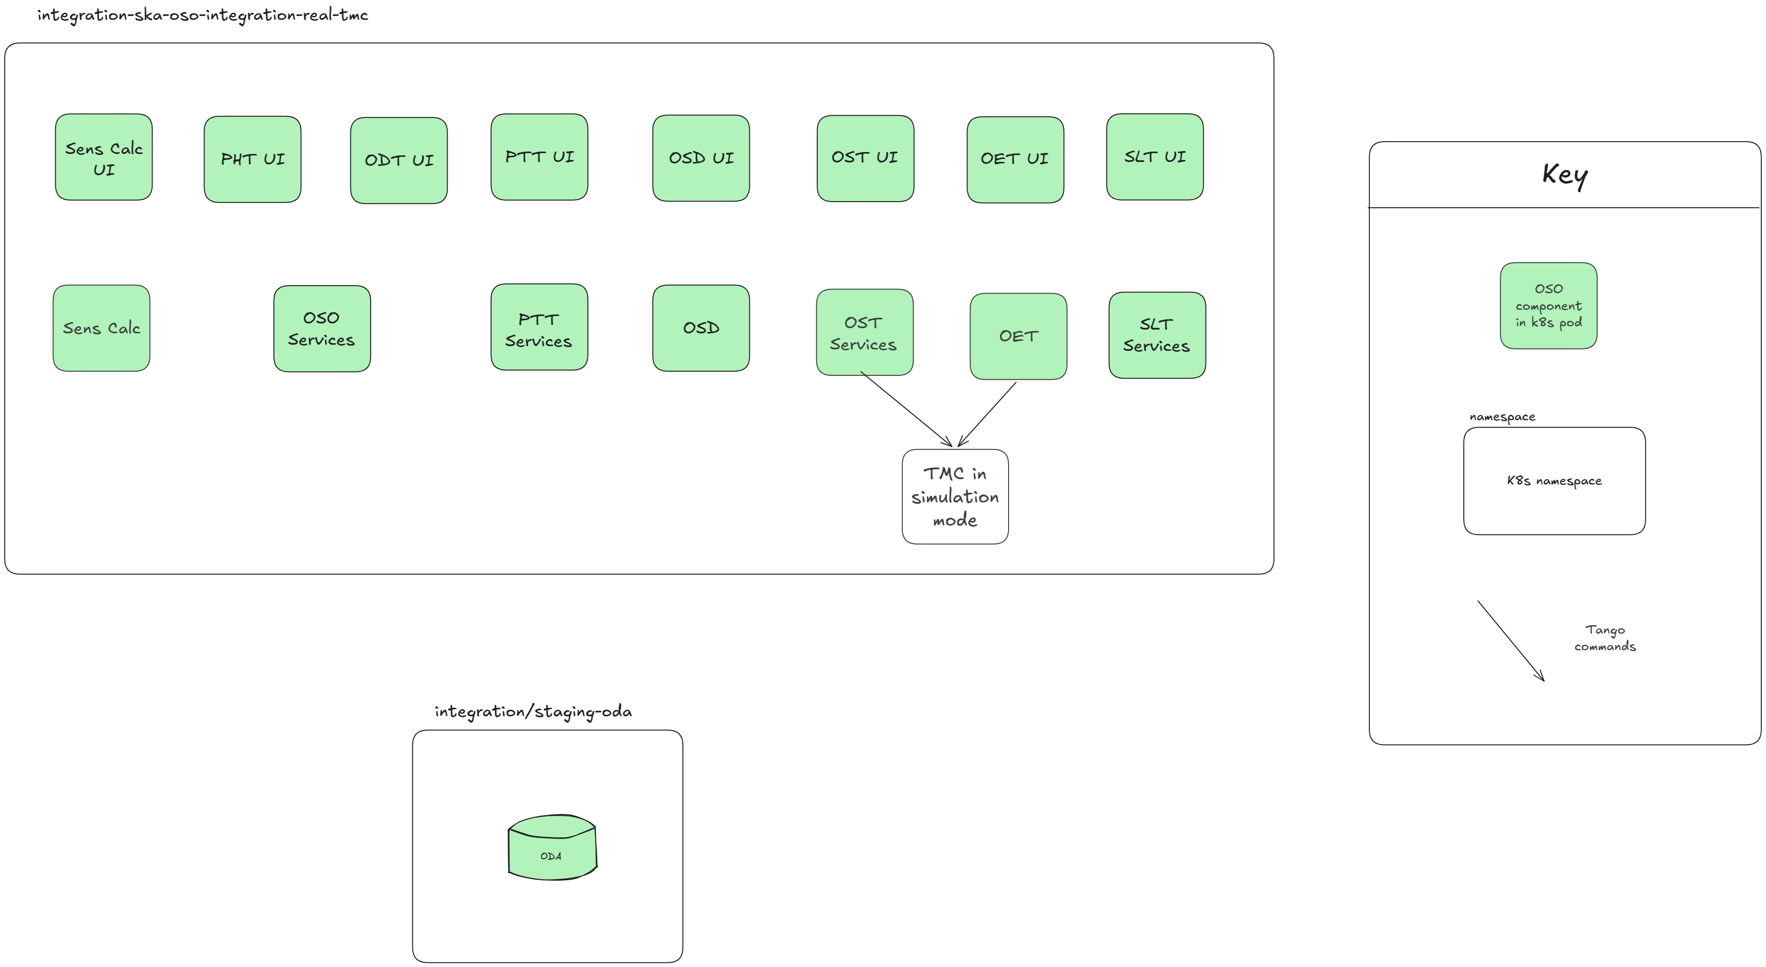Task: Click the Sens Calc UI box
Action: (103, 157)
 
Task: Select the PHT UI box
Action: (252, 159)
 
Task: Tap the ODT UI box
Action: (399, 161)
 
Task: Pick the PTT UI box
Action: (540, 157)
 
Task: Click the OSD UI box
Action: (701, 158)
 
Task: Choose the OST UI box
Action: (865, 158)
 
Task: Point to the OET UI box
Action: (1015, 160)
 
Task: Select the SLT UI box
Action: (1155, 157)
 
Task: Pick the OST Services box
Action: (865, 332)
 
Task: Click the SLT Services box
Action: (1157, 335)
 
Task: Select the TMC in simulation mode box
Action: (955, 497)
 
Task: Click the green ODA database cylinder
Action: (552, 847)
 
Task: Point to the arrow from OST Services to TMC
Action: (906, 409)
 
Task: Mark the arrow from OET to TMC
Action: (987, 415)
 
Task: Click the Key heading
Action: (1565, 176)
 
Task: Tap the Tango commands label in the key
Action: (1605, 638)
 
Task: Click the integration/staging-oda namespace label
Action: (534, 712)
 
